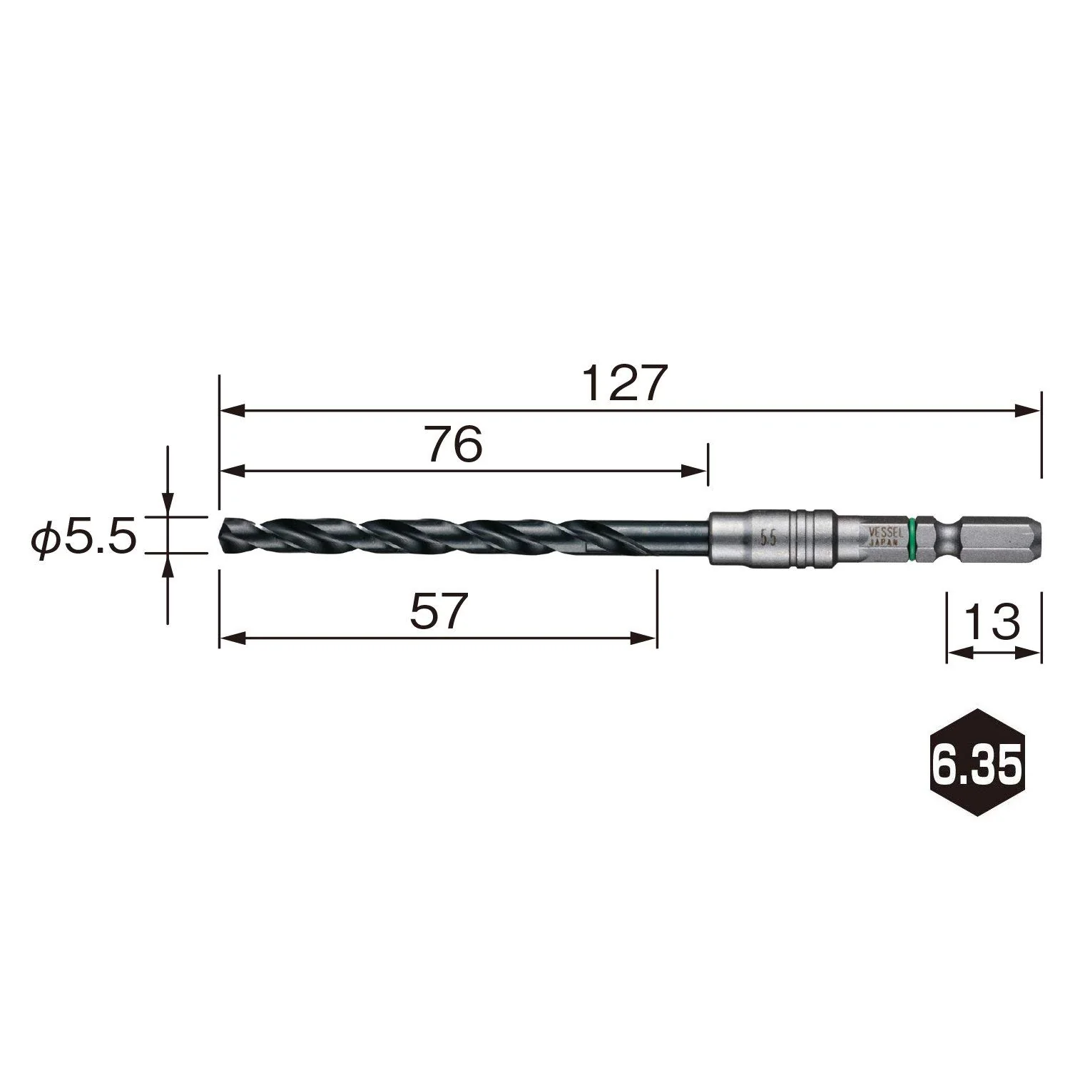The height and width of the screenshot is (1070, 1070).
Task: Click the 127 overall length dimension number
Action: pyautogui.click(x=623, y=383)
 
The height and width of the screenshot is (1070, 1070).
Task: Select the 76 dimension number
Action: pyautogui.click(x=454, y=444)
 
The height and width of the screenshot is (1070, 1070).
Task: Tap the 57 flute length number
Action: pyautogui.click(x=439, y=611)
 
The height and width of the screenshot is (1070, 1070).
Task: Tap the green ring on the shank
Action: pyautogui.click(x=913, y=534)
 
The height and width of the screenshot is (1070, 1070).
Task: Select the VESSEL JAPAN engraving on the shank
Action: pyautogui.click(x=884, y=536)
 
